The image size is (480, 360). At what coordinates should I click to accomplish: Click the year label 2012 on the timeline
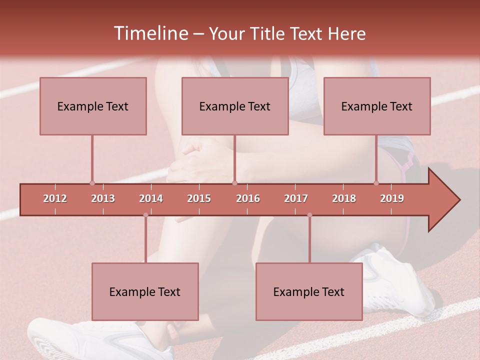(55, 198)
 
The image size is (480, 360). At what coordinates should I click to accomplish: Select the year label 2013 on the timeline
(103, 198)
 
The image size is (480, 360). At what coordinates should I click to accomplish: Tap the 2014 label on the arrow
(151, 198)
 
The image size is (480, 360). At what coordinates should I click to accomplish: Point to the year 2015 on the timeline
(199, 198)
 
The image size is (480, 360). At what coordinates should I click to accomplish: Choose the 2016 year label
(248, 198)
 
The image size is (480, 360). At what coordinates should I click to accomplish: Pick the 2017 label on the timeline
(296, 198)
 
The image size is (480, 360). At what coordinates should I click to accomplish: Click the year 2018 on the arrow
(344, 198)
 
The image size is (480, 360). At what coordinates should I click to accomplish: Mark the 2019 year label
(392, 198)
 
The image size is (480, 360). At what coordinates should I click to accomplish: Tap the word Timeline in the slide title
(149, 33)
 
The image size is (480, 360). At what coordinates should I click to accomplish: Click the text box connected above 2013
(93, 106)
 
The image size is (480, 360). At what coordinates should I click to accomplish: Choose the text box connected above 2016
(235, 106)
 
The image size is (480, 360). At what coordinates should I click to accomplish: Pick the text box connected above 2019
(377, 106)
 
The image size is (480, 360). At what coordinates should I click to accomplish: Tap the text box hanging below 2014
(145, 291)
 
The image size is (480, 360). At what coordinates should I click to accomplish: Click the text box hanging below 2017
(309, 291)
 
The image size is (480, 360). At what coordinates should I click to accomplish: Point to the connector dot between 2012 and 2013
(92, 183)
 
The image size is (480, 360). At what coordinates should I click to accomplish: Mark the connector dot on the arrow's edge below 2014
(145, 215)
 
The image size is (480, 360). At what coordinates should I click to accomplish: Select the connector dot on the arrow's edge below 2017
(309, 215)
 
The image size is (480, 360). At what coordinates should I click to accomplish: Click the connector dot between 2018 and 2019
(376, 183)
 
